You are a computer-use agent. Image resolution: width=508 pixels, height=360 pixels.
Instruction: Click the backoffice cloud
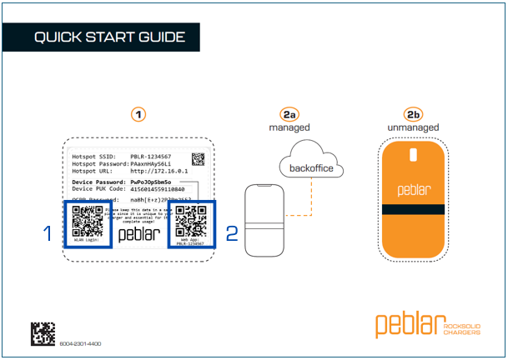pyautogui.click(x=310, y=167)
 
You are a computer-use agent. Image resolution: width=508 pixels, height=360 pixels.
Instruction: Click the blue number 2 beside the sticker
pyautogui.click(x=232, y=233)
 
